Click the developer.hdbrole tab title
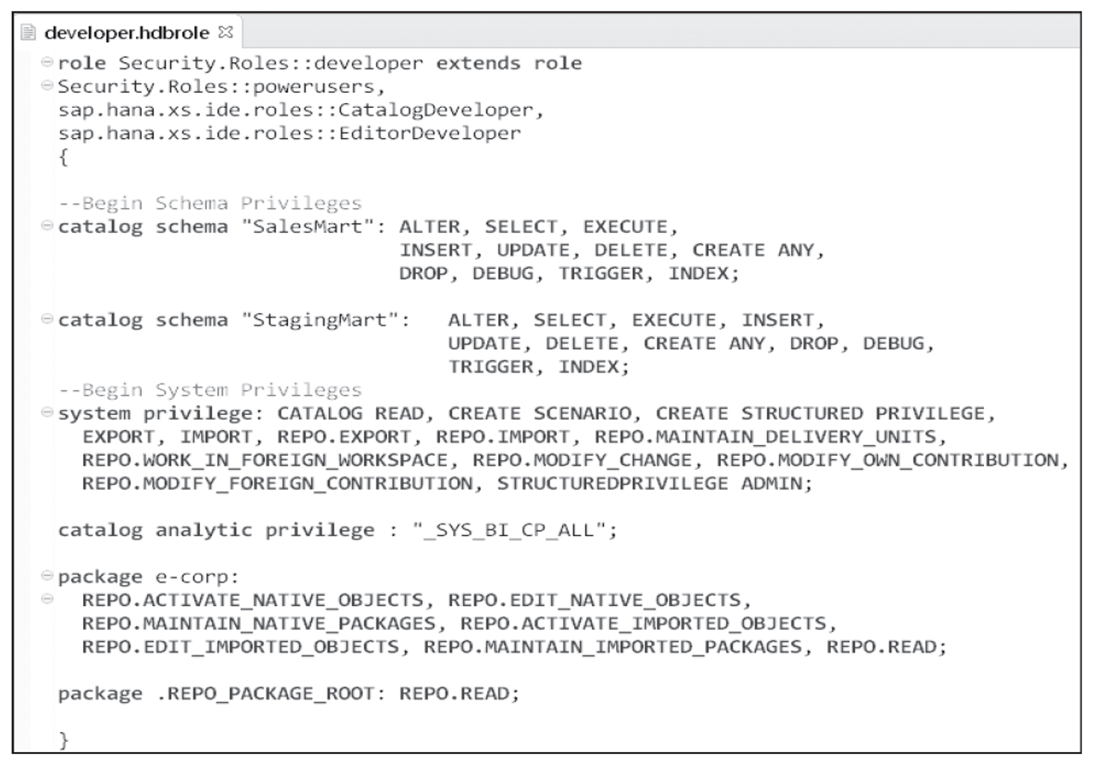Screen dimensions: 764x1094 point(126,32)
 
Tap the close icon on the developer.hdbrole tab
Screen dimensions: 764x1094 point(226,32)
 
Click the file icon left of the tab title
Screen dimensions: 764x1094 point(28,32)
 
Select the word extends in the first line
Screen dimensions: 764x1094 point(477,63)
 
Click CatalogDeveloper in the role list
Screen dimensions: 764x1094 point(436,110)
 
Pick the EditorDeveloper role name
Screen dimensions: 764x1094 point(429,133)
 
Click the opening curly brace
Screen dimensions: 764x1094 point(63,157)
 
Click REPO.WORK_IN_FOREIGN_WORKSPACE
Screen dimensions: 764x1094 point(264,460)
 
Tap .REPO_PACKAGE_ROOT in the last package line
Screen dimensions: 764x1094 point(265,693)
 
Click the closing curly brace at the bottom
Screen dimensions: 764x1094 point(63,739)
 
